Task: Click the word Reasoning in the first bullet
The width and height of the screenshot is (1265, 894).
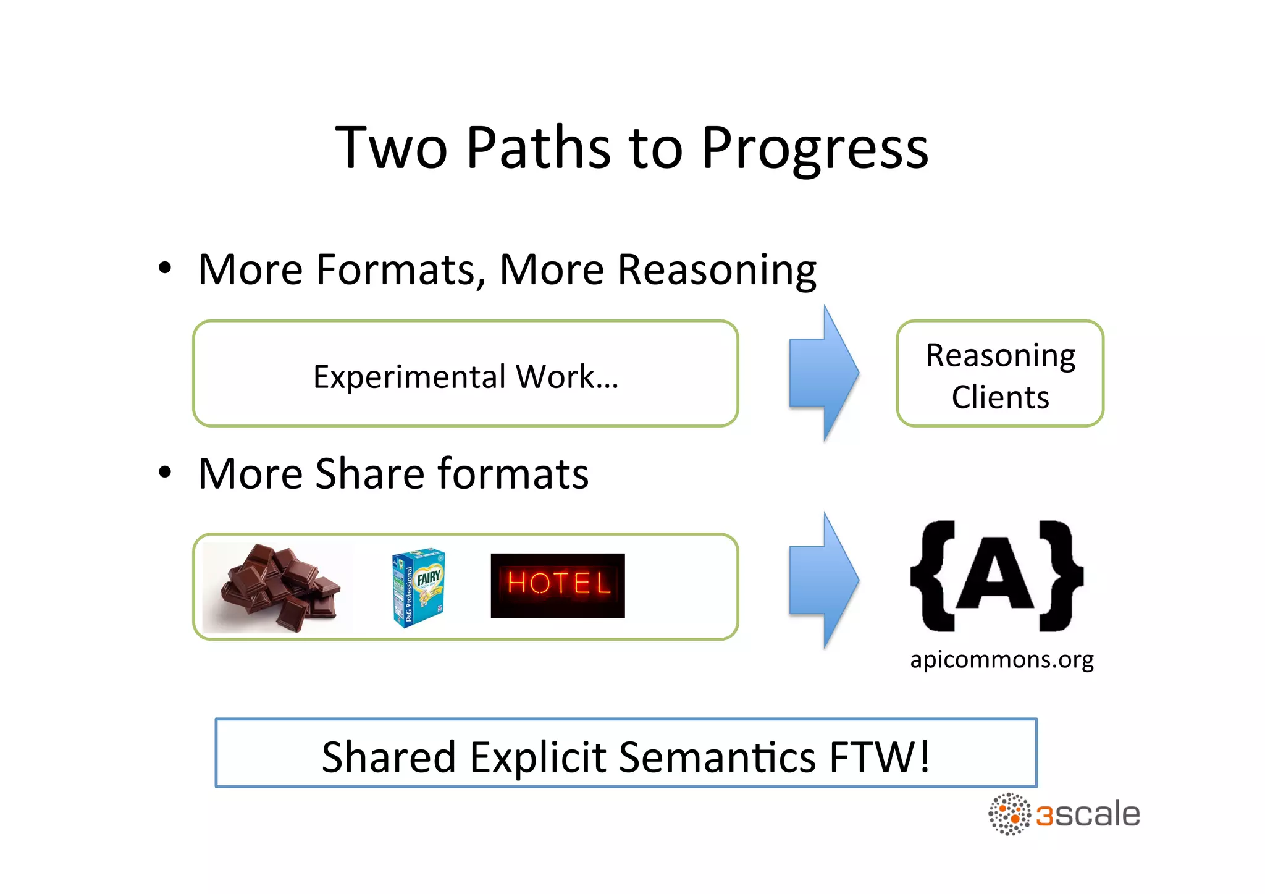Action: click(717, 271)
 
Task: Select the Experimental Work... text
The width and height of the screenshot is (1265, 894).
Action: click(466, 376)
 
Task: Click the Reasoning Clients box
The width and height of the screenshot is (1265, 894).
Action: click(1000, 374)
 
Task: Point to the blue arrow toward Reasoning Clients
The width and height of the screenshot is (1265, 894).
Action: click(824, 373)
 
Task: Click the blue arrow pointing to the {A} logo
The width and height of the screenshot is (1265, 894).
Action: click(824, 580)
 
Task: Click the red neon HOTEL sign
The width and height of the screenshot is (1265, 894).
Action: click(558, 585)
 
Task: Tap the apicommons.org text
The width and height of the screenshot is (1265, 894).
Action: click(1001, 659)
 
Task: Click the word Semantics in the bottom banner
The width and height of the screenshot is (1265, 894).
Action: click(717, 757)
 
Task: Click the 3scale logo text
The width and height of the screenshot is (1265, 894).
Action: click(1088, 815)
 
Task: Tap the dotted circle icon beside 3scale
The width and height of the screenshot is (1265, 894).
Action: click(1009, 814)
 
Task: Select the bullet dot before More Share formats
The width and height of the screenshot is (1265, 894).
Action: click(164, 473)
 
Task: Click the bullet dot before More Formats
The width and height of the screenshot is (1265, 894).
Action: click(164, 269)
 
